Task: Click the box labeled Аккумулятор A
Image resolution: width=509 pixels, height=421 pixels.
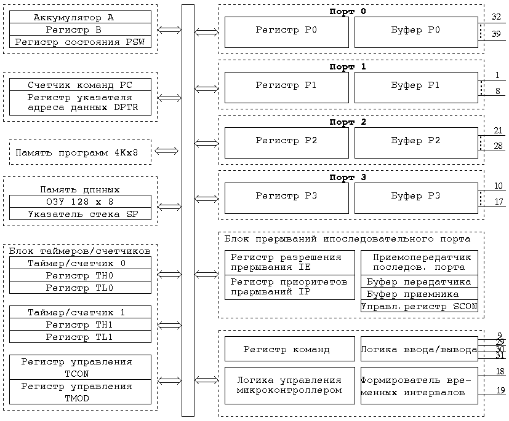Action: pos(80,17)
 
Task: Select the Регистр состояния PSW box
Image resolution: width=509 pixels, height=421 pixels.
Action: pos(80,42)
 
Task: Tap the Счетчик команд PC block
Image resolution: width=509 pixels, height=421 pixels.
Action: pos(80,85)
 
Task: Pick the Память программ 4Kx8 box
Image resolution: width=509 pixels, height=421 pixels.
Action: pos(80,152)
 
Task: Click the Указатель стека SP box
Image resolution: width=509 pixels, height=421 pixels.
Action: pos(80,214)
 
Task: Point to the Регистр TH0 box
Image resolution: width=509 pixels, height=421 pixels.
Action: pos(80,275)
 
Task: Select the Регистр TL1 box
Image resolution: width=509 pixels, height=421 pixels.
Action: pos(80,337)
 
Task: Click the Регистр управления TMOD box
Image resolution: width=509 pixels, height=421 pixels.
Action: pos(80,392)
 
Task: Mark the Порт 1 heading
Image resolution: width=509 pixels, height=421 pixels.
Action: pos(347,67)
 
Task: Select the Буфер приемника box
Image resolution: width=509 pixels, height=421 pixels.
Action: pos(419,294)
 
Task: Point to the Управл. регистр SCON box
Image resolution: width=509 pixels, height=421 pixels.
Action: pos(419,306)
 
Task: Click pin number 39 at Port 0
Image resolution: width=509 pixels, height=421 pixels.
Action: pos(496,34)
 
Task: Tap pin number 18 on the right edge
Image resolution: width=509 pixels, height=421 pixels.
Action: pos(500,372)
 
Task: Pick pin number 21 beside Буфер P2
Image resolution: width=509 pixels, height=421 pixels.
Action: pos(498,130)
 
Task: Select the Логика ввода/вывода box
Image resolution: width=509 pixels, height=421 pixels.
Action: pos(419,349)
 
